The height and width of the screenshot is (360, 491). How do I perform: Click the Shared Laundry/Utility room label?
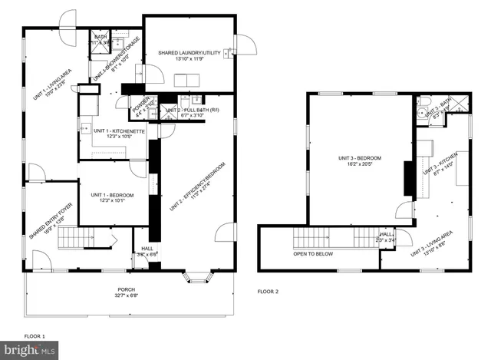[188, 53]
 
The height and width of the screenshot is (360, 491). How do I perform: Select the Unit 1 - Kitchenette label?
[120, 131]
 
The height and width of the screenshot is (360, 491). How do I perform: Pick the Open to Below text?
[313, 254]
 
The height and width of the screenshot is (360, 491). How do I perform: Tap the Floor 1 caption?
[35, 336]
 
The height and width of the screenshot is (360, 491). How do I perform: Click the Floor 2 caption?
[268, 292]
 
